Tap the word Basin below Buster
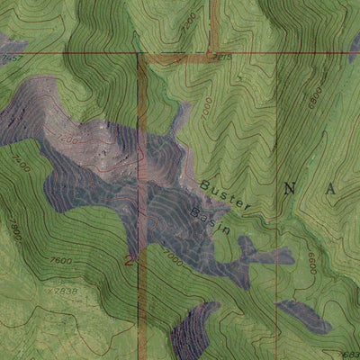tap(211, 221)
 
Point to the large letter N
tap(290, 188)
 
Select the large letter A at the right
tap(332, 189)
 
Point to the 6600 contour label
tap(310, 263)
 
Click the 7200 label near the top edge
tap(188, 20)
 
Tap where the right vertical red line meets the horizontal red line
tap(276, 53)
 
